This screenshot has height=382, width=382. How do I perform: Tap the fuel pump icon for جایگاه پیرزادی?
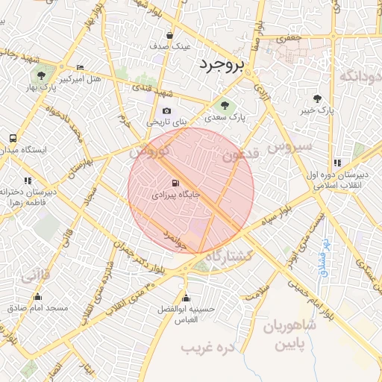(175, 182)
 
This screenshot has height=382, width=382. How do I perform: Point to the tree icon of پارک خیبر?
(319, 98)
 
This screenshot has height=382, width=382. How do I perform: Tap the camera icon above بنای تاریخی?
(166, 110)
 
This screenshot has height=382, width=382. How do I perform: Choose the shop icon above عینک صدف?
(170, 35)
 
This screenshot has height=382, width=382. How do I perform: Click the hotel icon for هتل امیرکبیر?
(81, 67)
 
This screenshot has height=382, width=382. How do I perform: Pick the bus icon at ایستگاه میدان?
(13, 139)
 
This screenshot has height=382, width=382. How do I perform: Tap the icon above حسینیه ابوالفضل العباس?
(187, 296)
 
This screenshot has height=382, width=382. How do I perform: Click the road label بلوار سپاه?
(277, 214)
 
